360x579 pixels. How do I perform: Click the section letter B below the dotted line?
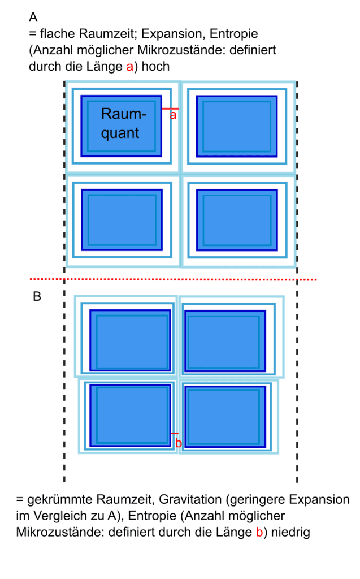[x=37, y=296]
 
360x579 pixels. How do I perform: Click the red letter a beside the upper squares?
[x=174, y=115]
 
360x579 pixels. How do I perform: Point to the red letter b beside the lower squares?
[x=179, y=443]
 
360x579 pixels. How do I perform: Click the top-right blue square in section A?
[x=237, y=126]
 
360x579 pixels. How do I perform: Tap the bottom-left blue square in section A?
[x=122, y=219]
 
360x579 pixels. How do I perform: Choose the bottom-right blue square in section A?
[x=237, y=219]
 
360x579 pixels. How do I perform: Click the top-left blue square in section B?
[x=130, y=338]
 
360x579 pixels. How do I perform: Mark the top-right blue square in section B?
[x=224, y=339]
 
